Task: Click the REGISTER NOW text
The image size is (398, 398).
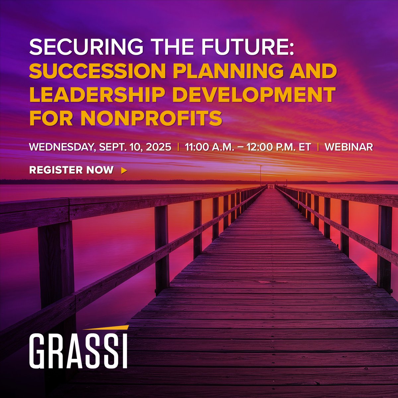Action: tap(71, 170)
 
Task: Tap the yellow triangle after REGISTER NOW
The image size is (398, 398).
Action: tap(124, 170)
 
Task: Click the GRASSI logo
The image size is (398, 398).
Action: tap(78, 351)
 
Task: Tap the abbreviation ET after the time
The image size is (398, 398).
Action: tap(304, 147)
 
